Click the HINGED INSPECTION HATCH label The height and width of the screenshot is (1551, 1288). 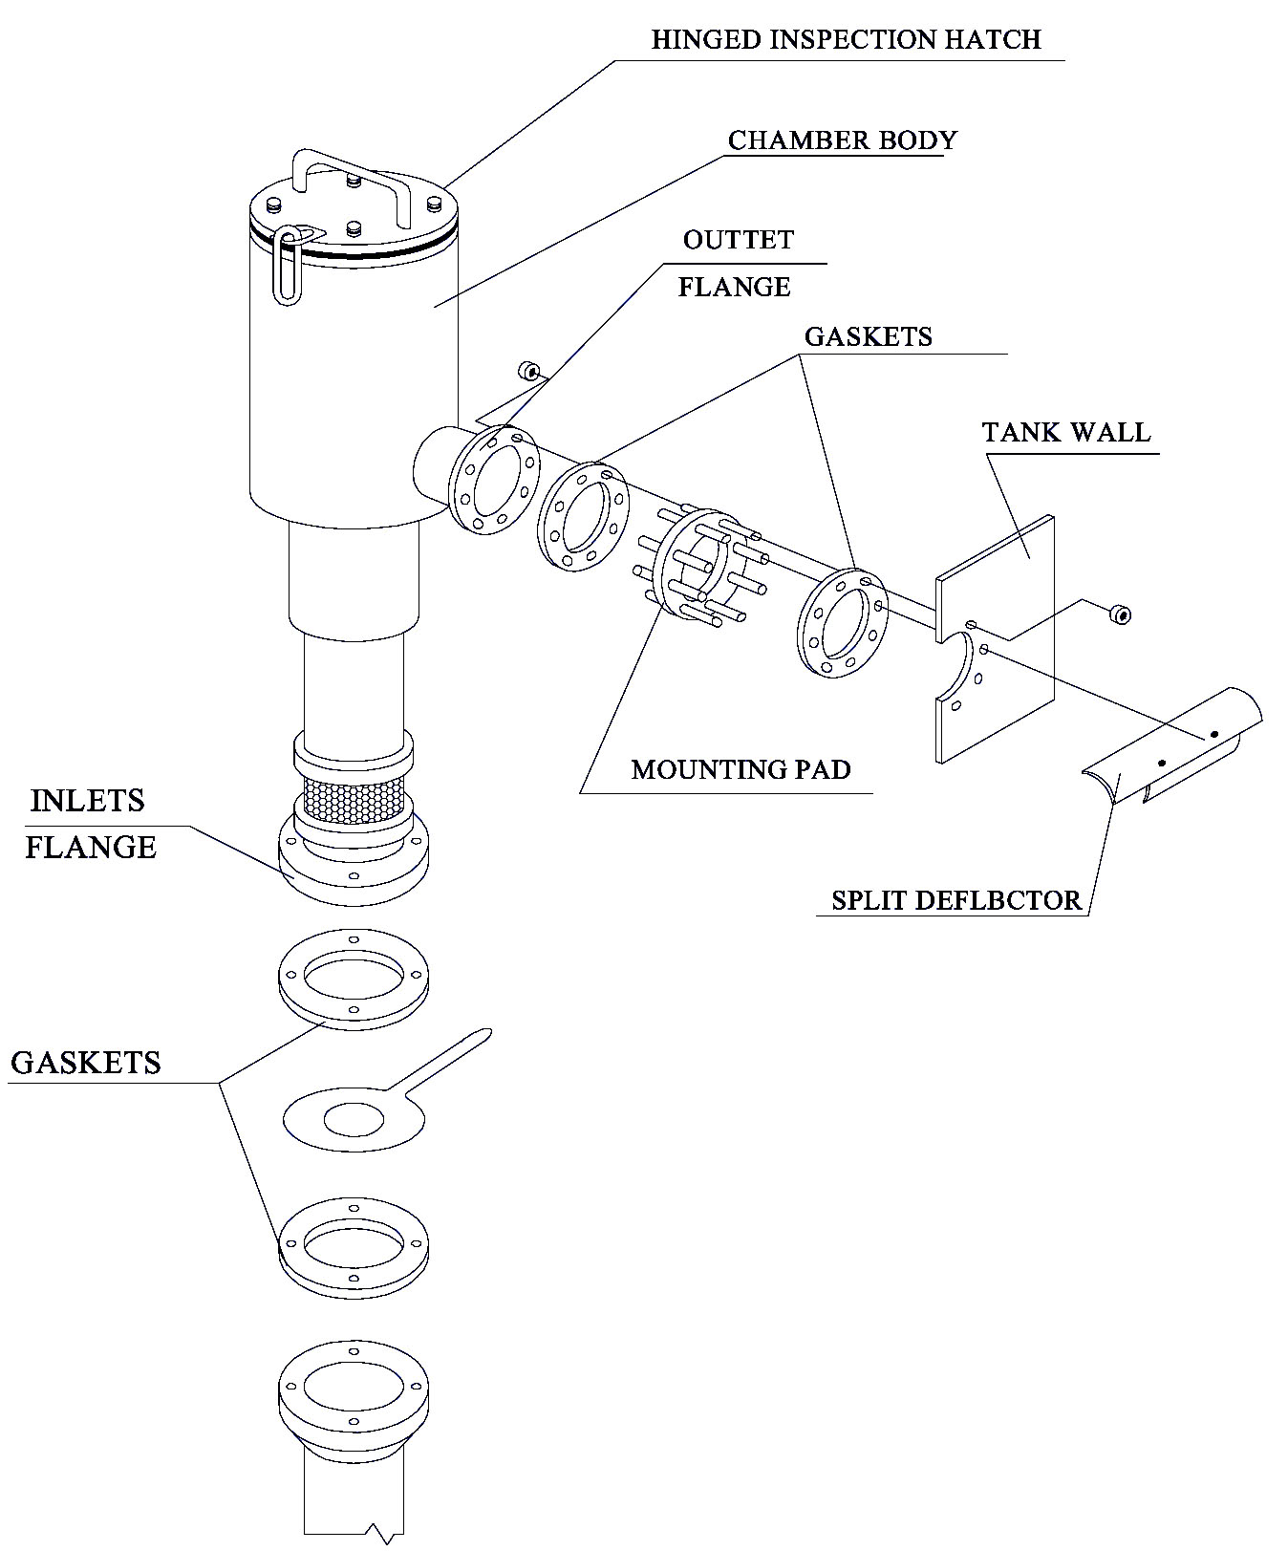click(845, 40)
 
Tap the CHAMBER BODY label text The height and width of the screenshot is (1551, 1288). click(842, 140)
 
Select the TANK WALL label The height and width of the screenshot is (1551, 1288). click(1066, 432)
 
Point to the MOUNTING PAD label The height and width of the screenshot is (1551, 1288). click(741, 769)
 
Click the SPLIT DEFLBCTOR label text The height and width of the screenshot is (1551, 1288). click(955, 900)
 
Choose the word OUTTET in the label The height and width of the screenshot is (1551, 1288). click(738, 240)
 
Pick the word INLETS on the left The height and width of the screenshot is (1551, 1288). click(87, 801)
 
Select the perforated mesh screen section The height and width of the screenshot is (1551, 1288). click(354, 797)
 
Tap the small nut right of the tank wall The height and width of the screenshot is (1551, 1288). click(1121, 614)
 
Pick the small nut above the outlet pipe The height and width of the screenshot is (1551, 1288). click(526, 370)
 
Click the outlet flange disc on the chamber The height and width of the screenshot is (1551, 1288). click(491, 480)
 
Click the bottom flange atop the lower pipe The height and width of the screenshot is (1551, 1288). click(353, 1386)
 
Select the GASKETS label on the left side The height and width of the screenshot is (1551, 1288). click(85, 1063)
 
